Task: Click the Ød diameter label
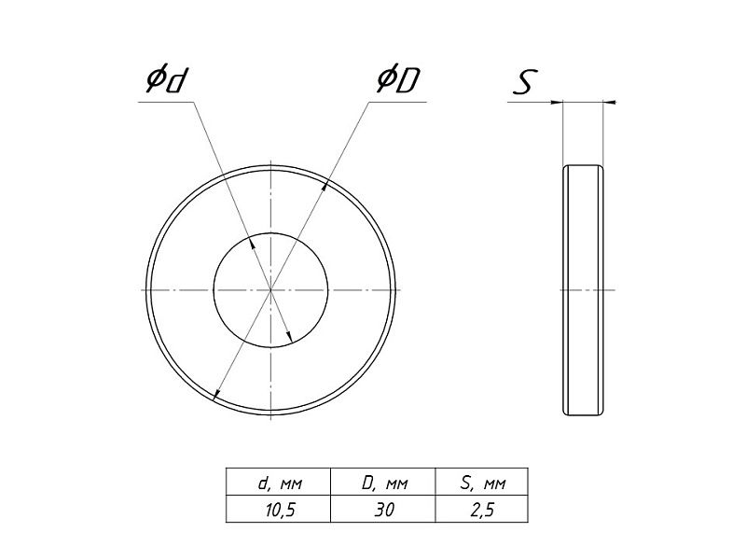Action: pyautogui.click(x=165, y=80)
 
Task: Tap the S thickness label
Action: pyautogui.click(x=525, y=82)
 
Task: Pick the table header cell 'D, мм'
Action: pyautogui.click(x=384, y=483)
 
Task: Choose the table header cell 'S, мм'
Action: pyautogui.click(x=483, y=483)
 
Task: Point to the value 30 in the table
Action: pyautogui.click(x=384, y=510)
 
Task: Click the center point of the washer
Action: pyautogui.click(x=270, y=289)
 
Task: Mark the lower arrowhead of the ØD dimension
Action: pyautogui.click(x=216, y=393)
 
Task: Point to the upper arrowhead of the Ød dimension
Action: pyautogui.click(x=253, y=243)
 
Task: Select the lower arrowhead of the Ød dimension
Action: pyautogui.click(x=288, y=336)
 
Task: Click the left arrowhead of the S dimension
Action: pyautogui.click(x=557, y=102)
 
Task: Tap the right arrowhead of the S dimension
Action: pyautogui.click(x=610, y=102)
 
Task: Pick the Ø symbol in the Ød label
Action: pyautogui.click(x=155, y=79)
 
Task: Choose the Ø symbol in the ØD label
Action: pyautogui.click(x=386, y=79)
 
